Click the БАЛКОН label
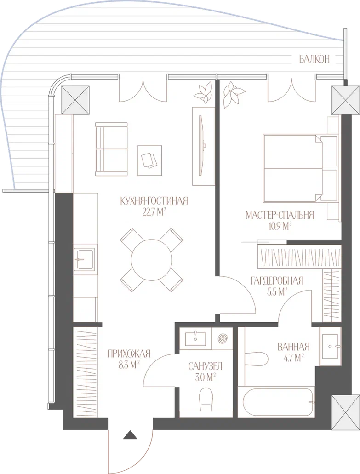(x=314, y=59)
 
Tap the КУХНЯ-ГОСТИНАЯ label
(x=154, y=201)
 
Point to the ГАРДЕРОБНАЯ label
(x=277, y=281)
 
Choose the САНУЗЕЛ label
(x=205, y=367)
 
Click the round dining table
(x=151, y=260)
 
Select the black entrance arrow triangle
(x=130, y=434)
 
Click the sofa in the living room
(x=111, y=149)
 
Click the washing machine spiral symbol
(x=222, y=338)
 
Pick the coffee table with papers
(x=149, y=160)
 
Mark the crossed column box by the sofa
(x=75, y=100)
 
